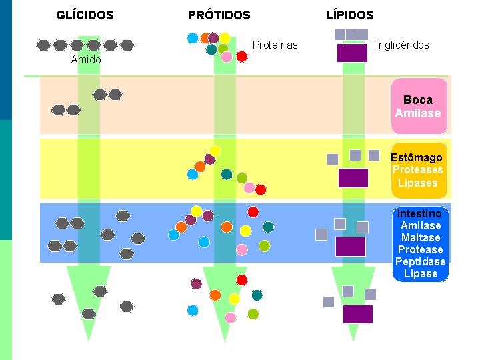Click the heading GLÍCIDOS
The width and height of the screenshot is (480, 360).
[x=85, y=15]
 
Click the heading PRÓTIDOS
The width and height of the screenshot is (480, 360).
[x=219, y=15]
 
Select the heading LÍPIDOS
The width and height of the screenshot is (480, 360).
[x=349, y=15]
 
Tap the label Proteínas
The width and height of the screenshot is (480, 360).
[x=275, y=45]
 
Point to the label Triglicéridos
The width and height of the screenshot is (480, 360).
[x=400, y=45]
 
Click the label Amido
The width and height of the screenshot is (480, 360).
[x=86, y=60]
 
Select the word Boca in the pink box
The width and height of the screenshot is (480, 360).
[x=417, y=100]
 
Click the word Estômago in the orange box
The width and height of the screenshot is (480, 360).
[x=417, y=158]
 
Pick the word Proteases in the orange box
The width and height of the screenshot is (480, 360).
[x=417, y=170]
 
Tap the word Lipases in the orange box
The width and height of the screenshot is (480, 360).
[x=417, y=183]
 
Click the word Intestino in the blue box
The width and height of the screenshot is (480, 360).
[x=419, y=214]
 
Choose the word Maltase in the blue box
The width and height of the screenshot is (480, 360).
[x=420, y=238]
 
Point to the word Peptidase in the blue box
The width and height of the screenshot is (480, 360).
[x=420, y=262]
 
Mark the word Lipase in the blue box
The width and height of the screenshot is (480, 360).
[x=421, y=274]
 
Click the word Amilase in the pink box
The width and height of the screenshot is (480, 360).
[x=417, y=113]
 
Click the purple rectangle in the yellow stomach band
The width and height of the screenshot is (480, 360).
[x=353, y=178]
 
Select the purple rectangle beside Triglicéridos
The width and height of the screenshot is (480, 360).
[x=352, y=53]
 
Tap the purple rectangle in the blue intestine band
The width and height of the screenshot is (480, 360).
[x=350, y=247]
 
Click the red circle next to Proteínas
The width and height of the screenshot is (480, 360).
[x=242, y=57]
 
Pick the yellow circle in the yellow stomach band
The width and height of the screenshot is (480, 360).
[x=215, y=151]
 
